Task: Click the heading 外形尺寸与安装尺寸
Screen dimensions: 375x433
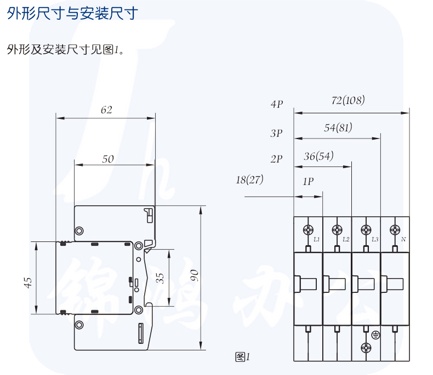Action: (72, 13)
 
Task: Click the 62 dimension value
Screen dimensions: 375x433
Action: (106, 110)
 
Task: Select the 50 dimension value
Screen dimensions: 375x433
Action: (108, 159)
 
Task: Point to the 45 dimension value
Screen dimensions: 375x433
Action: (27, 282)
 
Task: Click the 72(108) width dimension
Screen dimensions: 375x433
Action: (348, 101)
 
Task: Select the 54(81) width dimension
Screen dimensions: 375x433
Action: (338, 128)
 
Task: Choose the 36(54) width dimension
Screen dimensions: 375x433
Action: (318, 156)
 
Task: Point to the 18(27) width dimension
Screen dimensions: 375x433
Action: (249, 180)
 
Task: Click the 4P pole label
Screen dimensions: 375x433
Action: (276, 103)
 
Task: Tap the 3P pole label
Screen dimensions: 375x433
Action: (276, 132)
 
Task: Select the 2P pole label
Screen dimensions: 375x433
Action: (276, 159)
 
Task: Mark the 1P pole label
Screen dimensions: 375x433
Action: (307, 182)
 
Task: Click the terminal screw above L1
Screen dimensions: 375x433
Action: (309, 229)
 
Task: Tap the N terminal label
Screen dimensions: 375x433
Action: (403, 240)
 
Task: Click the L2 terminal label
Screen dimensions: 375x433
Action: (346, 240)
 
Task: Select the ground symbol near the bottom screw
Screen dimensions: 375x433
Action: (376, 335)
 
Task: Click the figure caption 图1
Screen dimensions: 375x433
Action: (242, 357)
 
